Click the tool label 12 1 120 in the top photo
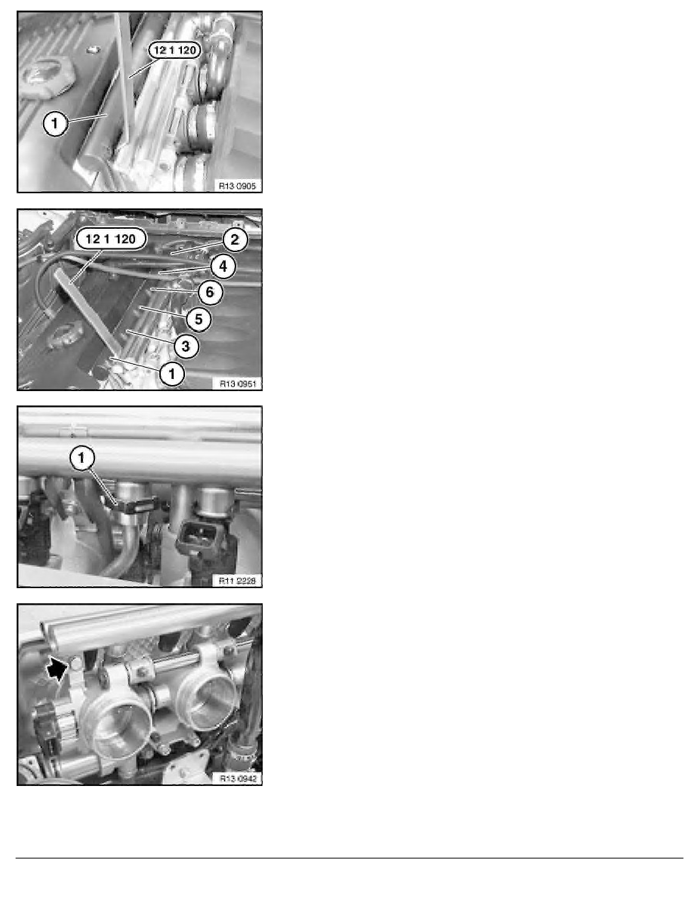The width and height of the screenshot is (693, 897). pos(175,51)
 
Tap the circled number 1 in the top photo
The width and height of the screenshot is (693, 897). pos(55,123)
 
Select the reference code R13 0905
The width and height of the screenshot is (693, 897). pos(237,186)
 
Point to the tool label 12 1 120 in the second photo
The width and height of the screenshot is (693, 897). pos(110,239)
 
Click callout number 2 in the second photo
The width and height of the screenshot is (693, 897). pos(235,239)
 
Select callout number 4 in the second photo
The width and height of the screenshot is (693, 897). pos(223,266)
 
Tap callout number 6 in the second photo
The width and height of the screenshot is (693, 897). pos(210,292)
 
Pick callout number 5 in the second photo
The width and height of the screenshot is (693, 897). pos(199,319)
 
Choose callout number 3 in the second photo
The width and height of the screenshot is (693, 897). pos(186,346)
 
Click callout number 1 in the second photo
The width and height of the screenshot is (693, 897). pos(172,375)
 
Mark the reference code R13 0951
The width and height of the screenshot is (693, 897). pos(237,384)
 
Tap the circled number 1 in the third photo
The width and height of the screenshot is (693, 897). pos(82,458)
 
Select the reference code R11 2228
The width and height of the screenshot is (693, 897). pos(237,581)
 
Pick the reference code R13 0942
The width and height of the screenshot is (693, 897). pos(237,778)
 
